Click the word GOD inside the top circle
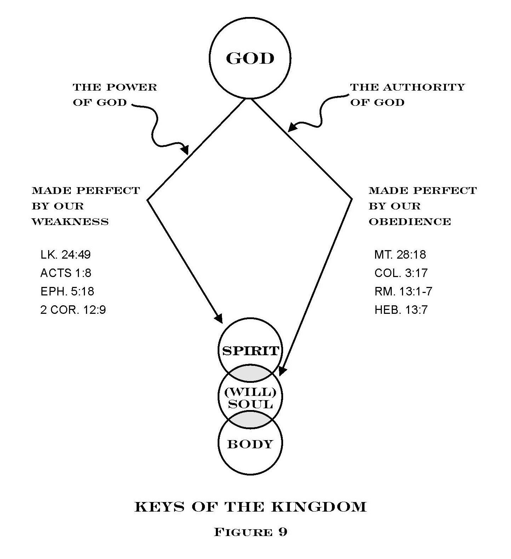250,58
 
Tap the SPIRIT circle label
251,351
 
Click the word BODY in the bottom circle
250,444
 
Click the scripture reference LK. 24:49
65,254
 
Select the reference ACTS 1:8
66,273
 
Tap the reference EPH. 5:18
67,291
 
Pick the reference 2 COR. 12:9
73,310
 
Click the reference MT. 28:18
400,254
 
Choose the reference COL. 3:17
401,273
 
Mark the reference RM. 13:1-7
403,291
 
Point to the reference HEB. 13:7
401,310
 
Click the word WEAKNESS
70,222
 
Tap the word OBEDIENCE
410,222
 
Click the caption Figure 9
251,532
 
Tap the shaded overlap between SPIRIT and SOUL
250,373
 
